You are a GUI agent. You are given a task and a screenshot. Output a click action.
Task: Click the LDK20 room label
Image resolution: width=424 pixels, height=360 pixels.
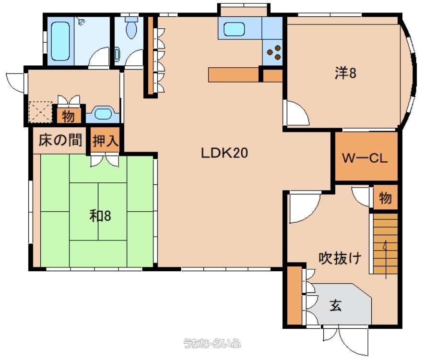(224, 153)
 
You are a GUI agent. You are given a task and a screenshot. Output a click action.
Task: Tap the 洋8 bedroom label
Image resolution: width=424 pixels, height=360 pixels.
(346, 73)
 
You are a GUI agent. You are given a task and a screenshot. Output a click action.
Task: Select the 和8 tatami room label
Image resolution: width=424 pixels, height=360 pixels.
(100, 216)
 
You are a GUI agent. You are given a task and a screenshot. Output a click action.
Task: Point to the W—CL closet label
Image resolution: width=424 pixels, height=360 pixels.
(365, 158)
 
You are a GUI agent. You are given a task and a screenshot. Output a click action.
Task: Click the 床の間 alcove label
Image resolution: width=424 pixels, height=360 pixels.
(60, 141)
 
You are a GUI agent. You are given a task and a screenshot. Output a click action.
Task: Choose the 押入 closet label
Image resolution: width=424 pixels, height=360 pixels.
(106, 141)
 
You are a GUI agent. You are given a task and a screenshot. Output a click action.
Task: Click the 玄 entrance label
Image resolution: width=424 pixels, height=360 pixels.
(336, 306)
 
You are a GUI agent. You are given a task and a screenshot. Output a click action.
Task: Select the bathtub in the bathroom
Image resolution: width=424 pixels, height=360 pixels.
(60, 41)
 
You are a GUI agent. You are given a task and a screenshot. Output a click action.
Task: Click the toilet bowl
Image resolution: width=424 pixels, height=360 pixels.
(132, 28)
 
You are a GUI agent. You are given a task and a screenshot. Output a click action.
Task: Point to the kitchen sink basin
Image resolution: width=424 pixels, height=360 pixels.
(234, 29)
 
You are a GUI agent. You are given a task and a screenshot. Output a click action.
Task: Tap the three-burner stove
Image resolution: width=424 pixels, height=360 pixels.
(274, 52)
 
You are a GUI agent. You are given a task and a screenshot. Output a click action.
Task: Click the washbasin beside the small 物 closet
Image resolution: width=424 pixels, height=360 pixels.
(103, 114)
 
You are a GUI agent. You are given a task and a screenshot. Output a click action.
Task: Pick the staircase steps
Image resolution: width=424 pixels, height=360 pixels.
(386, 243)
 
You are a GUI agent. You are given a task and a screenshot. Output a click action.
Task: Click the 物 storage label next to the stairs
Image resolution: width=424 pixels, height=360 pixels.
(385, 198)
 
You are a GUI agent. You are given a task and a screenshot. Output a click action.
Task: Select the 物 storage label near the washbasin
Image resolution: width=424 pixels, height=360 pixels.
(68, 117)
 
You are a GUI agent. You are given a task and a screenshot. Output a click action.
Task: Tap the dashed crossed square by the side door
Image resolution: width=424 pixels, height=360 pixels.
(41, 111)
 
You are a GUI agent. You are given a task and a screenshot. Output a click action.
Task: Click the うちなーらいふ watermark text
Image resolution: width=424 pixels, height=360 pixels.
(212, 343)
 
